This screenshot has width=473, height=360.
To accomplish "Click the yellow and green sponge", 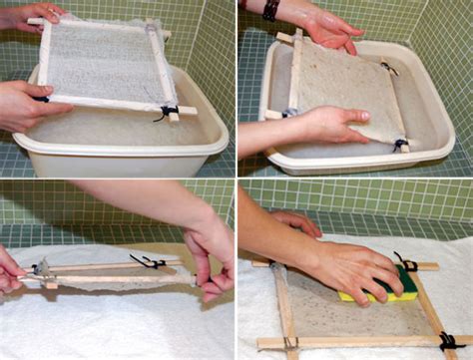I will click(375, 284).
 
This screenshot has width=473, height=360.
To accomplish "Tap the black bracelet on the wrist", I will click(270, 9).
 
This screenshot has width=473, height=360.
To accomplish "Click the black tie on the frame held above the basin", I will click(165, 113).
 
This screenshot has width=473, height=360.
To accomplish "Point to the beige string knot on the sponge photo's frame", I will click(290, 342).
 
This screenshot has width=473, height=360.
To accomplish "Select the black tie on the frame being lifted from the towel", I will click(150, 262).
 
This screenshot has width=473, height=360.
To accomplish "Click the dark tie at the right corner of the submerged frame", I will click(399, 145).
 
